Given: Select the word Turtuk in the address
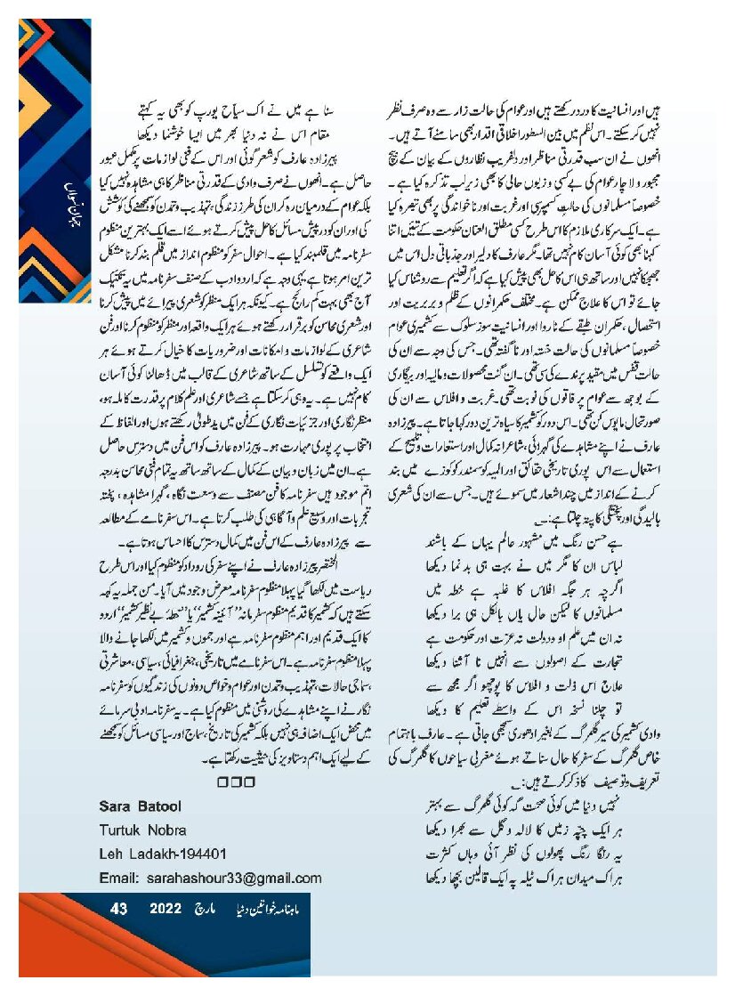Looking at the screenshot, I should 122,830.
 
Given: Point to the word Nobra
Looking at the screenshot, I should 168,830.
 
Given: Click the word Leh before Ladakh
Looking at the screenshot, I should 111,854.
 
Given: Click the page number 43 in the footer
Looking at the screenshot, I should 119,909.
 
